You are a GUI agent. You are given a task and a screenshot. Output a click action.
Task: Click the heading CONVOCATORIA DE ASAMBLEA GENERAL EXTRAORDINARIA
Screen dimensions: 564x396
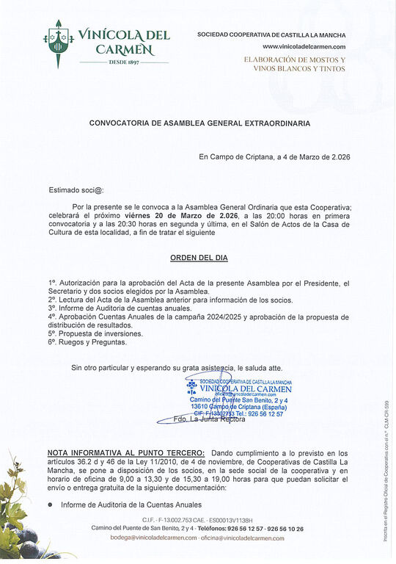[199, 123]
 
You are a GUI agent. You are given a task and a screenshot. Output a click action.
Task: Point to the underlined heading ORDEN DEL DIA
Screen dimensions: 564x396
[199, 258]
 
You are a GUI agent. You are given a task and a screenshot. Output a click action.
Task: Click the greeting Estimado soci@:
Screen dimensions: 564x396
[76, 189]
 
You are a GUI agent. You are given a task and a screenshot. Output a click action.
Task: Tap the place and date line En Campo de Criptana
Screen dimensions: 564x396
[275, 157]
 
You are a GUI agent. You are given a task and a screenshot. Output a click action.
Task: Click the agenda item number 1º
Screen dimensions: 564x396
[52, 283]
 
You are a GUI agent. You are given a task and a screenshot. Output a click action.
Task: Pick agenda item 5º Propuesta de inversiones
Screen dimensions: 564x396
[95, 333]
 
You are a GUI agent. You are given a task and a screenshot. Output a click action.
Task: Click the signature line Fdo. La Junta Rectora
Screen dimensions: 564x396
[208, 419]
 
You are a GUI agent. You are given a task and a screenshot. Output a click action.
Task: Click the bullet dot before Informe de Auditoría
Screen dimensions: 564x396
[51, 505]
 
